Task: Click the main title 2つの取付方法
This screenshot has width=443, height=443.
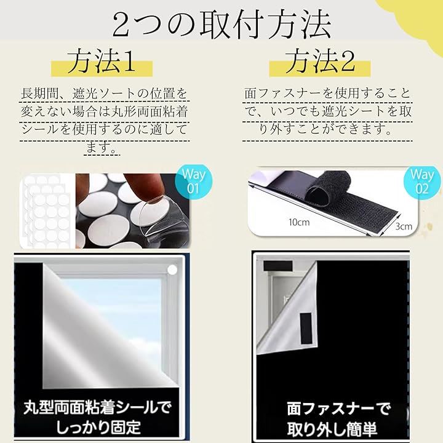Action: tap(222, 25)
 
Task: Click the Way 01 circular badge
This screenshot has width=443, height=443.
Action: tap(194, 181)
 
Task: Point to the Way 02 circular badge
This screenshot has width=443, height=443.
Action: tap(422, 182)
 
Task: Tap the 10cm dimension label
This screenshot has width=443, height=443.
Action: tap(299, 222)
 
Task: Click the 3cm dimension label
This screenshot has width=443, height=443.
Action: tap(404, 226)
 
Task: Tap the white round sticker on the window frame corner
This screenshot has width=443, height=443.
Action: tap(172, 270)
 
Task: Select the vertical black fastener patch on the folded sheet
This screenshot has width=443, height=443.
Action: tap(306, 328)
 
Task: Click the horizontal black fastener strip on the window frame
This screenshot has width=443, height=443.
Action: tap(278, 265)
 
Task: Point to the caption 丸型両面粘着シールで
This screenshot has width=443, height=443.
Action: tap(97, 408)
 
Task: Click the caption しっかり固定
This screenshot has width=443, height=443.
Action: tap(98, 428)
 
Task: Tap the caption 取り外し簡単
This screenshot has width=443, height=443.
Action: tap(332, 429)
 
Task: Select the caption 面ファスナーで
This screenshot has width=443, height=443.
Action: tap(338, 409)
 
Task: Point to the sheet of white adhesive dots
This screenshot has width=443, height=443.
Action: tap(47, 211)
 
